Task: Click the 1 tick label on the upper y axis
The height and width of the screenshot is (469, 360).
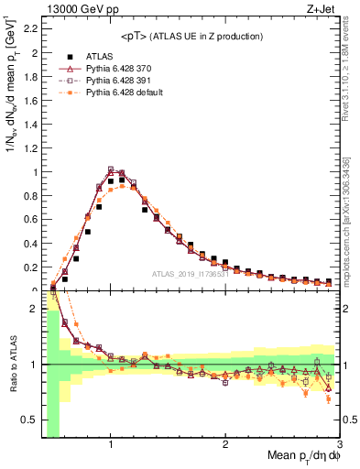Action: pyautogui.click(x=35, y=172)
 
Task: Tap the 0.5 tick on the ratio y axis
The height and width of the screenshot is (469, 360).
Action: pyautogui.click(x=30, y=420)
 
